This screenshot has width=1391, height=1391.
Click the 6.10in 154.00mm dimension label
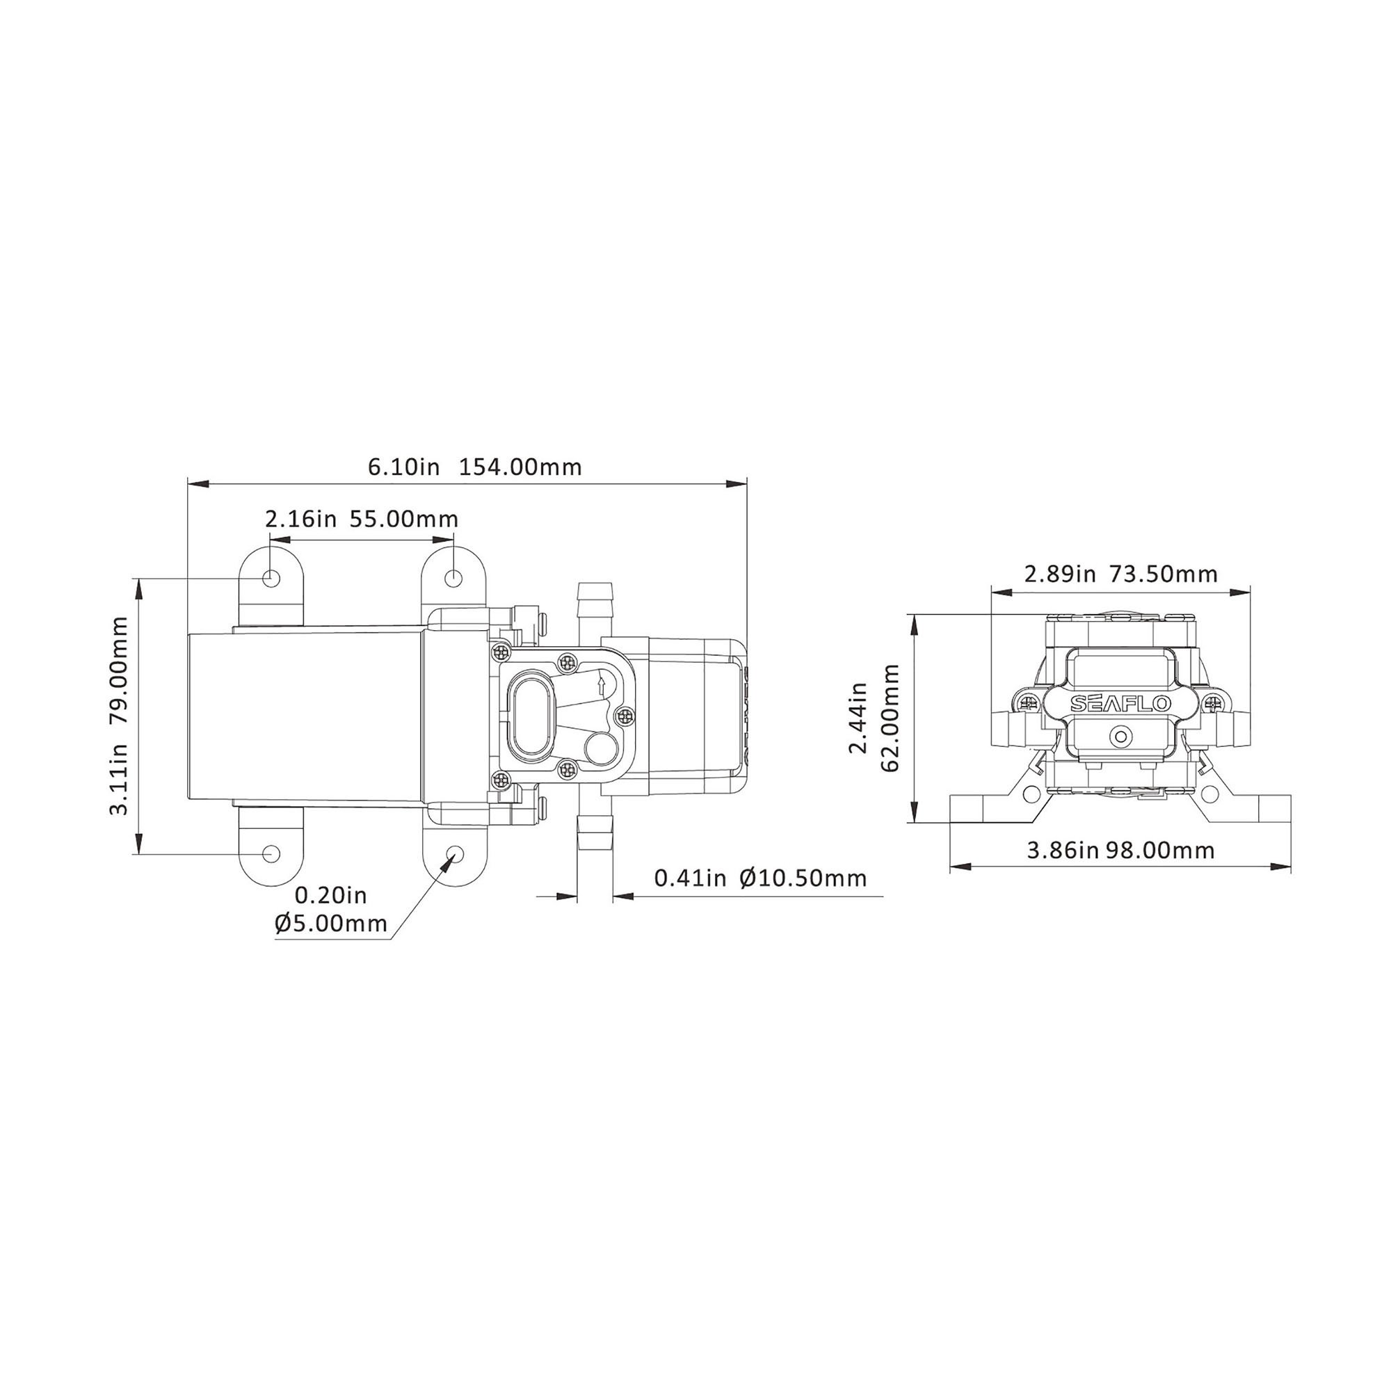point(474,467)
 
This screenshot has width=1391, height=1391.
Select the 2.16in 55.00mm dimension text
point(362,518)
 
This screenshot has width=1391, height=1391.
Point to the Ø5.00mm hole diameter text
point(331,923)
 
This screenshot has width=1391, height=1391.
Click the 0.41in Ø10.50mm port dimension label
point(760,878)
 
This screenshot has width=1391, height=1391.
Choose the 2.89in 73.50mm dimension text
point(1121,574)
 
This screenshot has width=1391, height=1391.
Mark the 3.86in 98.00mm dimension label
point(1120,851)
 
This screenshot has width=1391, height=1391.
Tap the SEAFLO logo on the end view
point(1120,704)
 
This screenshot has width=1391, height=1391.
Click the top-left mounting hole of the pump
point(271,577)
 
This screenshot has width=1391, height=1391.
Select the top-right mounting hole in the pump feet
point(453,577)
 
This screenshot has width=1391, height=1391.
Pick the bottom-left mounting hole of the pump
point(271,853)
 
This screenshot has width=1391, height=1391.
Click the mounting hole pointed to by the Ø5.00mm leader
point(454,853)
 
